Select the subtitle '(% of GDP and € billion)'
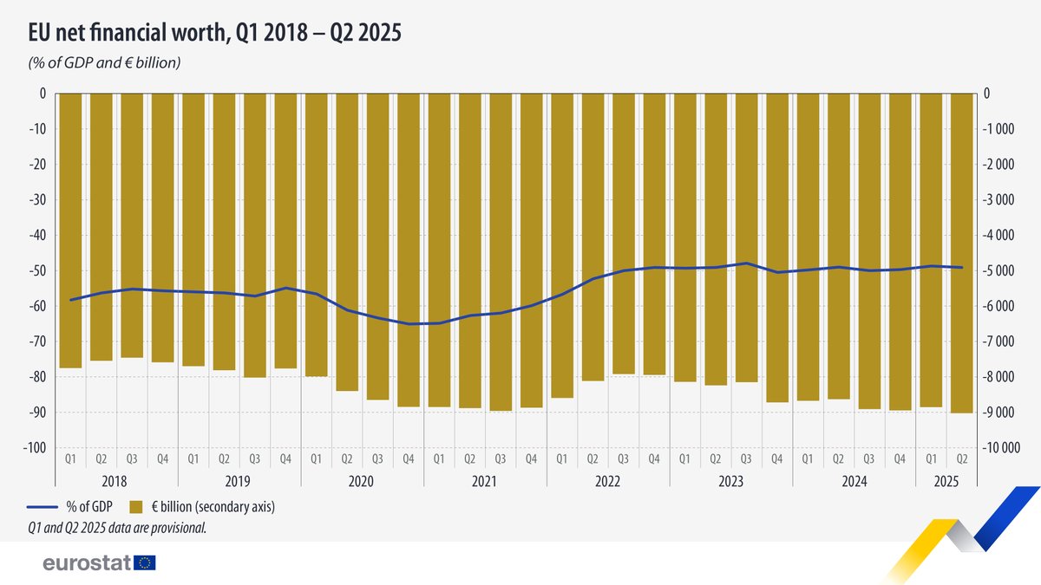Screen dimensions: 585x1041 point(104,62)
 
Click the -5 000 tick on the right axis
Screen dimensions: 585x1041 point(998,271)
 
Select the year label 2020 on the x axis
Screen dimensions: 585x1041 point(363,478)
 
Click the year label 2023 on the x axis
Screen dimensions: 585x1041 point(731,478)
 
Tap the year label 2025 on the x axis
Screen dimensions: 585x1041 point(946,478)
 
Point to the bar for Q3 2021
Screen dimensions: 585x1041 point(501,252)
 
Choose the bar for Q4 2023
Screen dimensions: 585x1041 point(777,248)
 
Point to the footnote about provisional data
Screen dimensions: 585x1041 point(117,526)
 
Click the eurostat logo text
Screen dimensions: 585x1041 point(87,563)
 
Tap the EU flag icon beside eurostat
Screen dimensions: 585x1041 point(145,563)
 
